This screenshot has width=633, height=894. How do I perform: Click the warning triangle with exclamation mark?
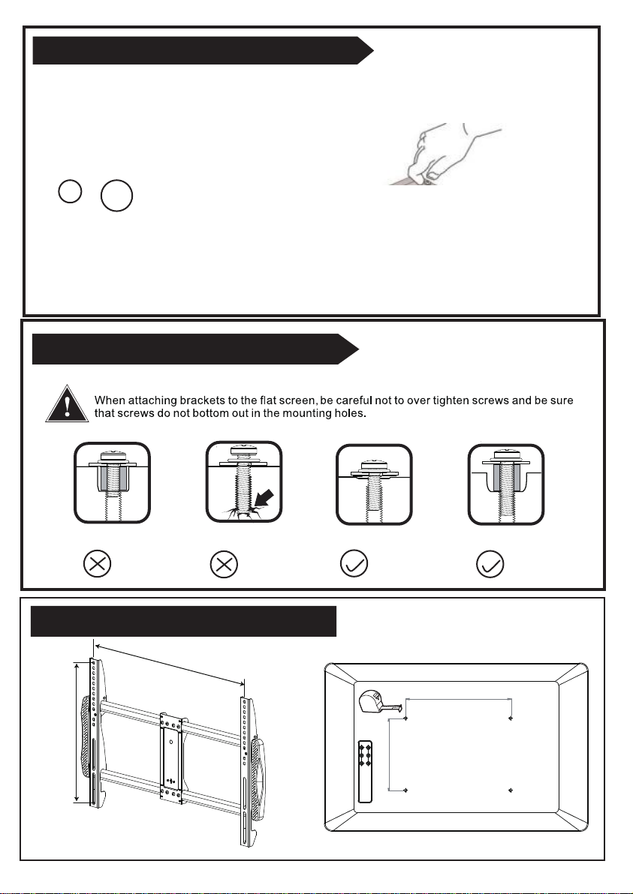point(68,404)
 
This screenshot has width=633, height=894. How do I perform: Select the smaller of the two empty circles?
point(70,190)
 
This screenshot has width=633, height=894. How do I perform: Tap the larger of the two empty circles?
point(116,196)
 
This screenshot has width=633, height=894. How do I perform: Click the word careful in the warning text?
point(354,400)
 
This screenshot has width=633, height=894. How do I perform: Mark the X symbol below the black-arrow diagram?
point(225,565)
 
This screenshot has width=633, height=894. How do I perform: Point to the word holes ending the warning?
point(350,413)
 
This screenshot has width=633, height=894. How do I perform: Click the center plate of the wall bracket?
point(171,756)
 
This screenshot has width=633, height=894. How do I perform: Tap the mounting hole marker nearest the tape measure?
point(405,718)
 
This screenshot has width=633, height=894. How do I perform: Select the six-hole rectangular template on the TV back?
point(365,772)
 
